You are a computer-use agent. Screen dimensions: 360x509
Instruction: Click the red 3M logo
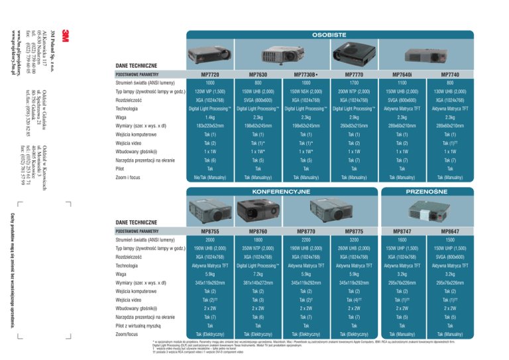coord(65,36)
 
